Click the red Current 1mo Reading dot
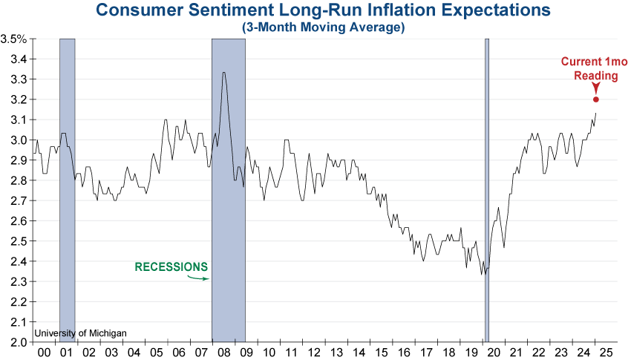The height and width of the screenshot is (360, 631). coord(596,99)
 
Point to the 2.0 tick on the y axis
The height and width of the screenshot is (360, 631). coord(19,342)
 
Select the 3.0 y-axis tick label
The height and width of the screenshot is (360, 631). coord(19,140)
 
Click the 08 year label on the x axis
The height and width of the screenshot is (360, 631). coord(222,352)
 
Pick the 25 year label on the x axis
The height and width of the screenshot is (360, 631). coord(606,352)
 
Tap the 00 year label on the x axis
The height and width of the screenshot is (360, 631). coord(45,352)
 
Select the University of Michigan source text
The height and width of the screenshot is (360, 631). coord(80,333)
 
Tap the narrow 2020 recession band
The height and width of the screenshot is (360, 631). coord(487,186)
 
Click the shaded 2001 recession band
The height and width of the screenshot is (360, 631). coord(67,186)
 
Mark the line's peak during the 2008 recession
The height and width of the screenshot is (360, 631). coord(223,72)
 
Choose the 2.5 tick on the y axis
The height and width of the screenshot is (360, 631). coord(19,241)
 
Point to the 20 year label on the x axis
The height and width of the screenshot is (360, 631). coord(493,352)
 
